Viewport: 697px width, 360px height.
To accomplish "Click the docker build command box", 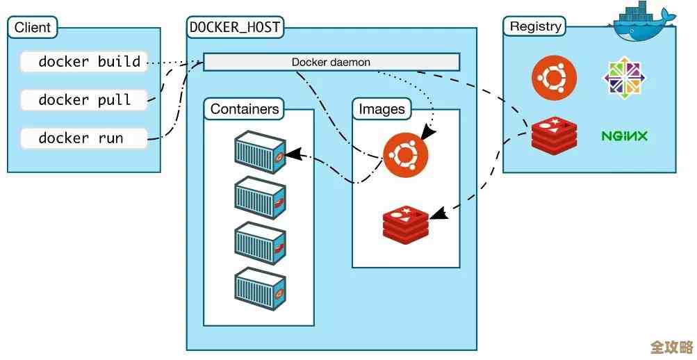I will pos(83,62).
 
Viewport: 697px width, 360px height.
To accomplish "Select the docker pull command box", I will pos(83,100).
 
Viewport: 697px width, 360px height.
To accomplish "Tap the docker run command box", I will pos(83,138).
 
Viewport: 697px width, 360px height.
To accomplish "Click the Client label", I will pos(33,28).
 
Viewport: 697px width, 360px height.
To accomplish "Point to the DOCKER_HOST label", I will pos(235,28).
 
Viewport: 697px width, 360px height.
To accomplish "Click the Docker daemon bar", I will pos(331,62).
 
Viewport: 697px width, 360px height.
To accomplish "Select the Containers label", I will pos(245,109).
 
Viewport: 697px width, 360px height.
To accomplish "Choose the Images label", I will pos(382,109).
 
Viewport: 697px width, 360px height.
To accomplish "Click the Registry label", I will pos(534,26).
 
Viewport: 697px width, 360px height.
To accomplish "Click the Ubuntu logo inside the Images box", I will pos(405,154).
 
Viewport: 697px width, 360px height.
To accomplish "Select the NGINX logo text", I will pos(624,136).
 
